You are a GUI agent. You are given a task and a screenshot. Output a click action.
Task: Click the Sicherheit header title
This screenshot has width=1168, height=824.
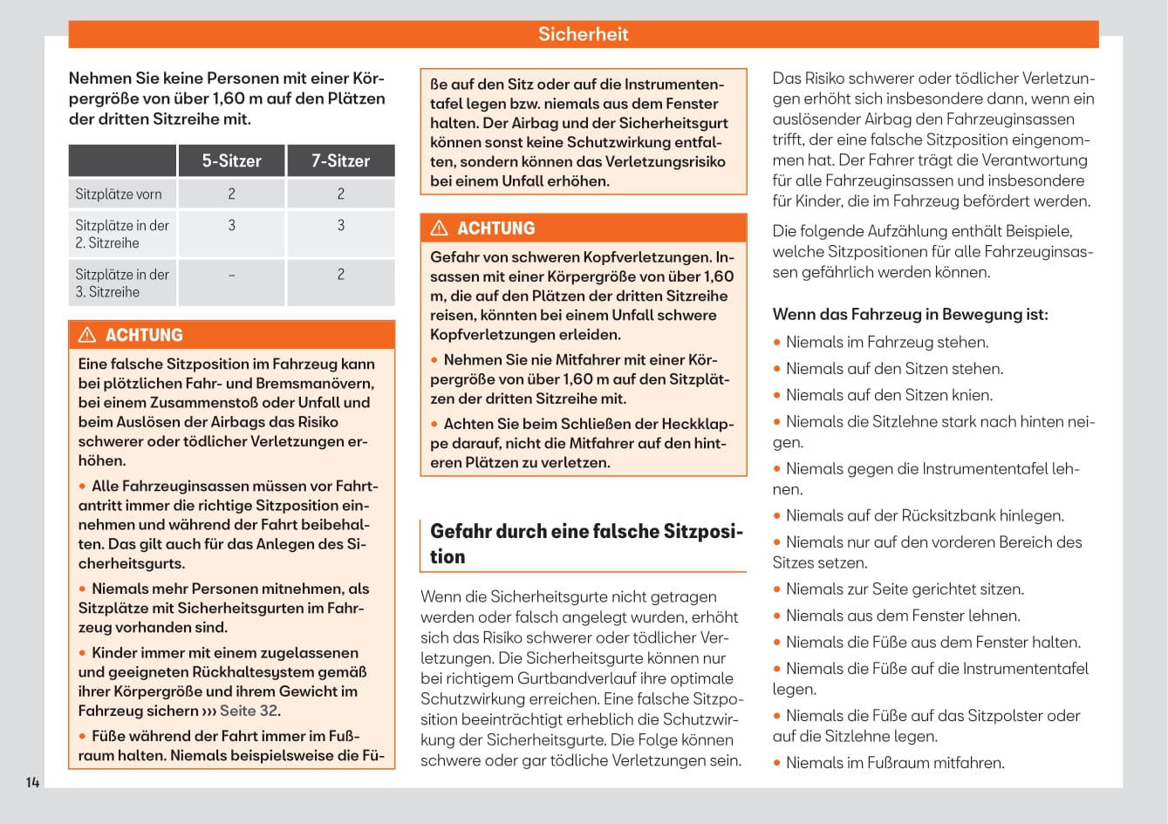(583, 34)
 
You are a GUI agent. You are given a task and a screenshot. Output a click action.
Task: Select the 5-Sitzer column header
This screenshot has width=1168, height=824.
(231, 160)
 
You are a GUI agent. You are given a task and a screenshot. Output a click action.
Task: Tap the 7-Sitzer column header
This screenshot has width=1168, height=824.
(340, 160)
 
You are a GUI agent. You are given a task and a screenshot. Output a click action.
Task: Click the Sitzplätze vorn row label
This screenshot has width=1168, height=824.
(119, 194)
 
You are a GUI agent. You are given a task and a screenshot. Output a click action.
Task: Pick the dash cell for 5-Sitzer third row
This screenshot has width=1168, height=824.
(231, 275)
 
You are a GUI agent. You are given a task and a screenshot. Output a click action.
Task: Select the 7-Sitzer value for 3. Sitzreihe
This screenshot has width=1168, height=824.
(340, 275)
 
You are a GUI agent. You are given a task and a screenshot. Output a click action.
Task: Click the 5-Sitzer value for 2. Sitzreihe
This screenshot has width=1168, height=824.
(231, 225)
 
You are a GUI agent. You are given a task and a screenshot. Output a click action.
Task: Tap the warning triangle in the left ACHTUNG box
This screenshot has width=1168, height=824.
(87, 335)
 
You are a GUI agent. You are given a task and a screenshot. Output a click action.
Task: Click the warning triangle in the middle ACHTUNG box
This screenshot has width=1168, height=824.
(440, 228)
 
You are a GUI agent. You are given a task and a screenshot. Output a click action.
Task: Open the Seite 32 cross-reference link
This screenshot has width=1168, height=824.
(249, 711)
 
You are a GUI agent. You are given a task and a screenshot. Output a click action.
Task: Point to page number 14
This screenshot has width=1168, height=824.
(32, 782)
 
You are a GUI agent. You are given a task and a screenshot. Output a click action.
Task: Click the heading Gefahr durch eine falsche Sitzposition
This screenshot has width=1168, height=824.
(585, 543)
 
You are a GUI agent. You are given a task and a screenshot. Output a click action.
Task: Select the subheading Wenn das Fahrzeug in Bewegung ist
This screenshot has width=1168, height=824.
(910, 314)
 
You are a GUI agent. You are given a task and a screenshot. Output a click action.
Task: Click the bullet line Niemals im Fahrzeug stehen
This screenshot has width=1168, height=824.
(886, 342)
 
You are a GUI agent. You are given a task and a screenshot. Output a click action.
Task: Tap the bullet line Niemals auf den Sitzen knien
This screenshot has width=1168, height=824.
(889, 395)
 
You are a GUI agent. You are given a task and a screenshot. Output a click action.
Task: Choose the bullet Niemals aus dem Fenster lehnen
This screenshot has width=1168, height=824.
(902, 616)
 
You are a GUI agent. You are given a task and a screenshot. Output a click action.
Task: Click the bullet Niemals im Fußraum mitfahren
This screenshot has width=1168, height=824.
(894, 763)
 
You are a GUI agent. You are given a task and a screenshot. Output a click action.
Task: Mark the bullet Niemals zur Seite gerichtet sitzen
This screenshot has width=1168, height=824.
(905, 589)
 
